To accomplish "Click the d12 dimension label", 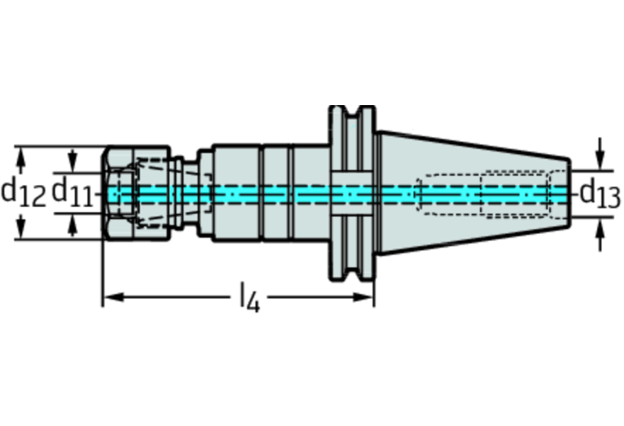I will [x=22, y=192].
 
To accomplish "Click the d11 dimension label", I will [x=72, y=192].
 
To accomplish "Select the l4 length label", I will [x=249, y=299].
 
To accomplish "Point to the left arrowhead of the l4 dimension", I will [x=109, y=296].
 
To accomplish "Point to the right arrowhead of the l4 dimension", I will [x=367, y=296].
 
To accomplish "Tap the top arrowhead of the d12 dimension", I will [x=22, y=152].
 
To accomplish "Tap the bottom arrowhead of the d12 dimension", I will [x=22, y=235].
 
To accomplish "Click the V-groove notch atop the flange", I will [x=351, y=112].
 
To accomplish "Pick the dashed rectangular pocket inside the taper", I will [x=516, y=195].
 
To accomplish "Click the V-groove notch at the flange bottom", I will [x=351, y=277].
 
